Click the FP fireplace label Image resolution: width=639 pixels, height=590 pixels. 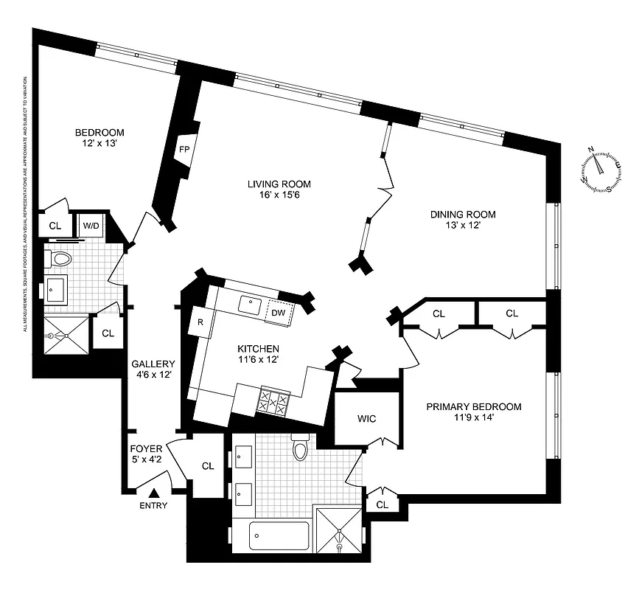[184, 148]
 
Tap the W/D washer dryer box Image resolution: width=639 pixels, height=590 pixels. [91, 225]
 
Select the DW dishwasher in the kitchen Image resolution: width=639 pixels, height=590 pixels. [279, 313]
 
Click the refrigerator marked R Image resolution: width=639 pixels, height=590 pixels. [200, 322]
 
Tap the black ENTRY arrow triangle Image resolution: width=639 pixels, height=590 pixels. [154, 493]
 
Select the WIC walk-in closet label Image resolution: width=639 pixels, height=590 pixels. [366, 419]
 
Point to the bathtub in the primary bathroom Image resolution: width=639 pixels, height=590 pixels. [278, 535]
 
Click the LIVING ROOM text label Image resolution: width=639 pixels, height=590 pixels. [279, 184]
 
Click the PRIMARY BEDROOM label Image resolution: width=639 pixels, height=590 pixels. [474, 406]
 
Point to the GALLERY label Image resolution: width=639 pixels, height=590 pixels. [153, 364]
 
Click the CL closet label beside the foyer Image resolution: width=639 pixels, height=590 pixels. [208, 466]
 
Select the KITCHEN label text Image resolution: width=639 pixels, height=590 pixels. [257, 348]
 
